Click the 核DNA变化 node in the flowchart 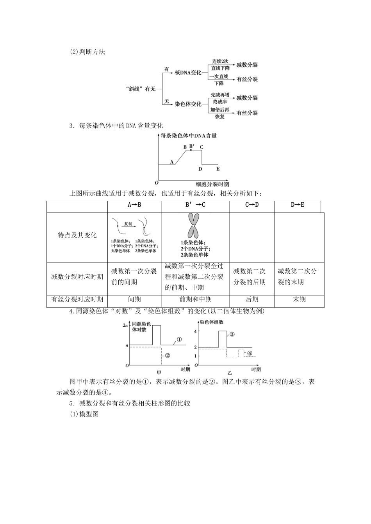click(188, 73)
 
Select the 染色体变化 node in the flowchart click(188, 104)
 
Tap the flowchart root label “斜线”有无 click(139, 89)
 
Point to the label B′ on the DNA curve click(192, 147)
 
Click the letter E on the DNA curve click(218, 169)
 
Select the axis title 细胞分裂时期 click(212, 184)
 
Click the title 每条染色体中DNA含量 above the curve click(189, 136)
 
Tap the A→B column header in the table click(134, 205)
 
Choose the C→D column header click(252, 205)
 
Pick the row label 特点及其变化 click(77, 235)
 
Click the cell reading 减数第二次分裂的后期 click(250, 276)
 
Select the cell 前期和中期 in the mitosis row click(195, 299)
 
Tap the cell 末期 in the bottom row click(299, 299)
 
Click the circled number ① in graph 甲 click(179, 340)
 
